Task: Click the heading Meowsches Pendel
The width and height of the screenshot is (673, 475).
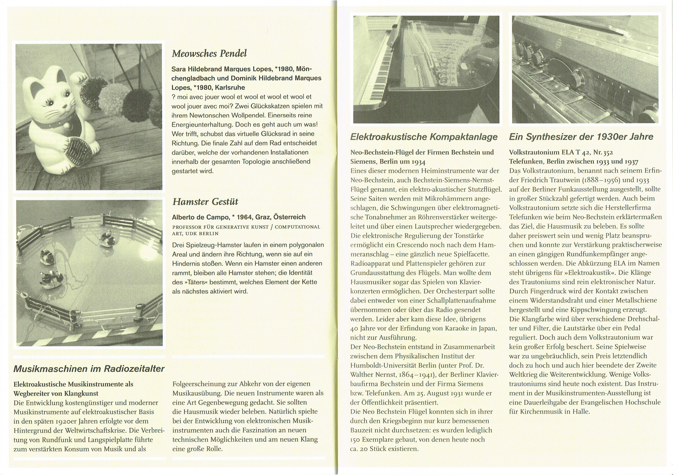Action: click(209, 53)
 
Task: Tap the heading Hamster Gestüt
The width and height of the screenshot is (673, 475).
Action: click(205, 202)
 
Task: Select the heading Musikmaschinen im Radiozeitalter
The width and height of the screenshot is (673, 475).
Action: click(89, 369)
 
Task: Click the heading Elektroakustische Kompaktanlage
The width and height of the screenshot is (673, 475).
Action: click(423, 137)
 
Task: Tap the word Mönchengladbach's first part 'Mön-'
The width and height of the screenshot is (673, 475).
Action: click(304, 69)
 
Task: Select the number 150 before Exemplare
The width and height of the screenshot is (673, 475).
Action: click(356, 440)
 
